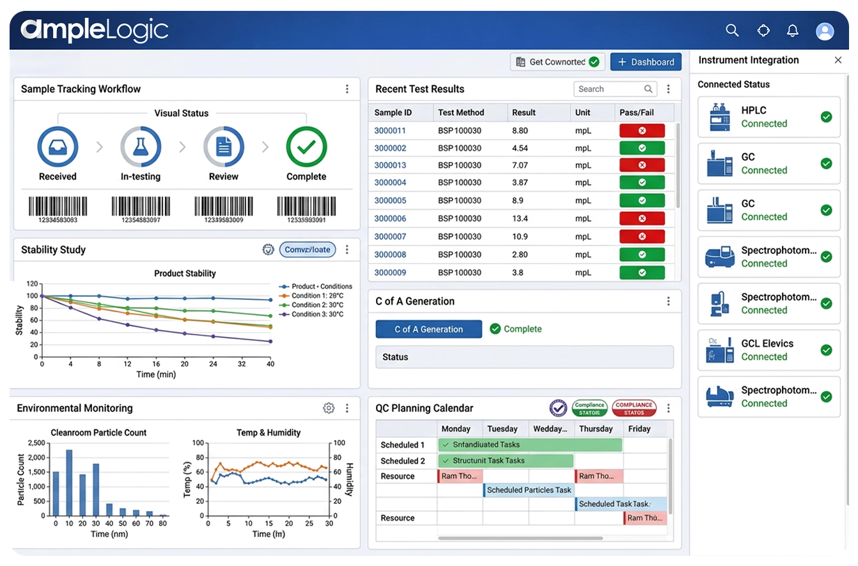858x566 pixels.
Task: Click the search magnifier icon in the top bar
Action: pos(732,31)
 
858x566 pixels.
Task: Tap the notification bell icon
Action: pos(793,31)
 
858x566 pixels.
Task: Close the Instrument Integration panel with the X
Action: pos(838,60)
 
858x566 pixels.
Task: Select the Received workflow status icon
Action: pos(58,146)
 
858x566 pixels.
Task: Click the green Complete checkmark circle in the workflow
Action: pos(306,146)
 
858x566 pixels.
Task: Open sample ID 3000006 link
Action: pos(390,219)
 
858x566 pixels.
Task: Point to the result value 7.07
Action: pos(520,166)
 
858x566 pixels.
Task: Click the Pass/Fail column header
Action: pos(637,113)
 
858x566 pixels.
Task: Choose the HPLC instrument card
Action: pos(768,117)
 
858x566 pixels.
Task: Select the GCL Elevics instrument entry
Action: pos(768,350)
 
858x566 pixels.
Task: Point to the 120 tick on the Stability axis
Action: pos(32,283)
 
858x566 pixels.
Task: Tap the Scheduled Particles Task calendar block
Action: pos(529,491)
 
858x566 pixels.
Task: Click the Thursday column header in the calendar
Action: pos(596,429)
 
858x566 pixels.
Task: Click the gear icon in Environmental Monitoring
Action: pos(329,408)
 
